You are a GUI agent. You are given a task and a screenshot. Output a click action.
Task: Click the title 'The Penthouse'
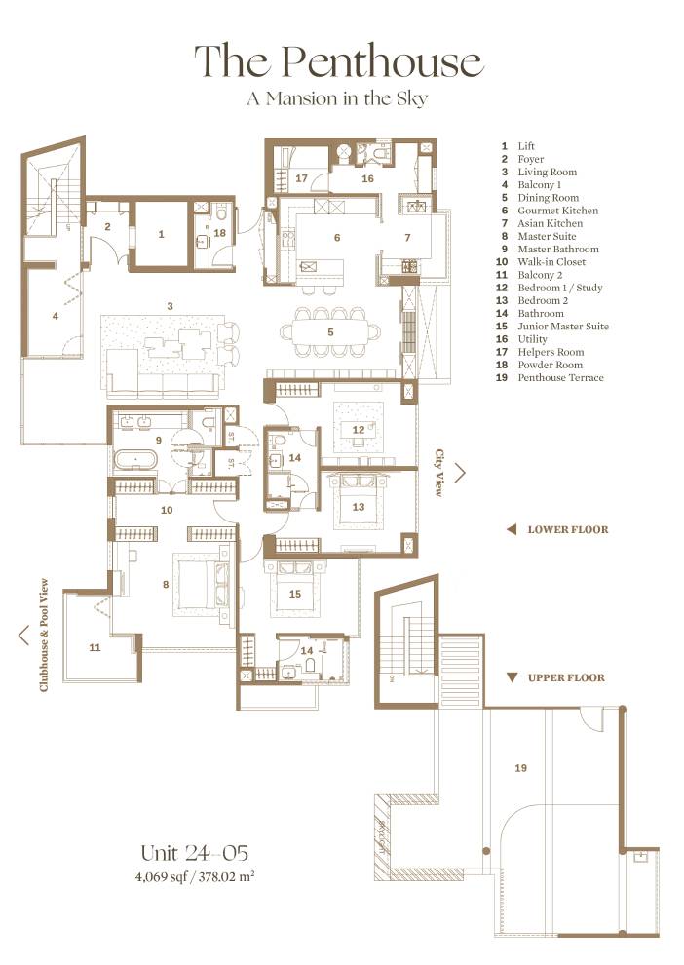tap(338, 61)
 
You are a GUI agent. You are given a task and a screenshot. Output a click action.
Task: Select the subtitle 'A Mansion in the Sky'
tap(338, 98)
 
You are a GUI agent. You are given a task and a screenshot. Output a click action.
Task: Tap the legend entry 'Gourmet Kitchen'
tap(557, 211)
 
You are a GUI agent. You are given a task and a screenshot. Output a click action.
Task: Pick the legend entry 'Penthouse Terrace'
tap(560, 378)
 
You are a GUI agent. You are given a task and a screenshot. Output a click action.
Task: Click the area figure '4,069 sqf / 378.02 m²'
tap(194, 876)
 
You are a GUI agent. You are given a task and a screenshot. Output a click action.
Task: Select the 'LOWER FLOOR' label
tap(567, 530)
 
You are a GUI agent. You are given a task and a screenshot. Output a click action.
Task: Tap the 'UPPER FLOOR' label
tap(566, 677)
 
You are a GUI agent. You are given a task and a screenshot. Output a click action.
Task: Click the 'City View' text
tap(439, 474)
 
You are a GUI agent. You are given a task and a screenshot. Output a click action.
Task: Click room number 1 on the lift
tap(161, 234)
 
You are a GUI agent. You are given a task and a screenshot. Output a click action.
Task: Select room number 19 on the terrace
tap(520, 768)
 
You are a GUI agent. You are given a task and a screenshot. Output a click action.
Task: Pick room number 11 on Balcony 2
tap(95, 647)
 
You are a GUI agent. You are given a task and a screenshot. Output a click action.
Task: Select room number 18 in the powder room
tap(219, 234)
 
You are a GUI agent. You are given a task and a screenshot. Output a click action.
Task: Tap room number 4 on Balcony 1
tap(56, 316)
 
